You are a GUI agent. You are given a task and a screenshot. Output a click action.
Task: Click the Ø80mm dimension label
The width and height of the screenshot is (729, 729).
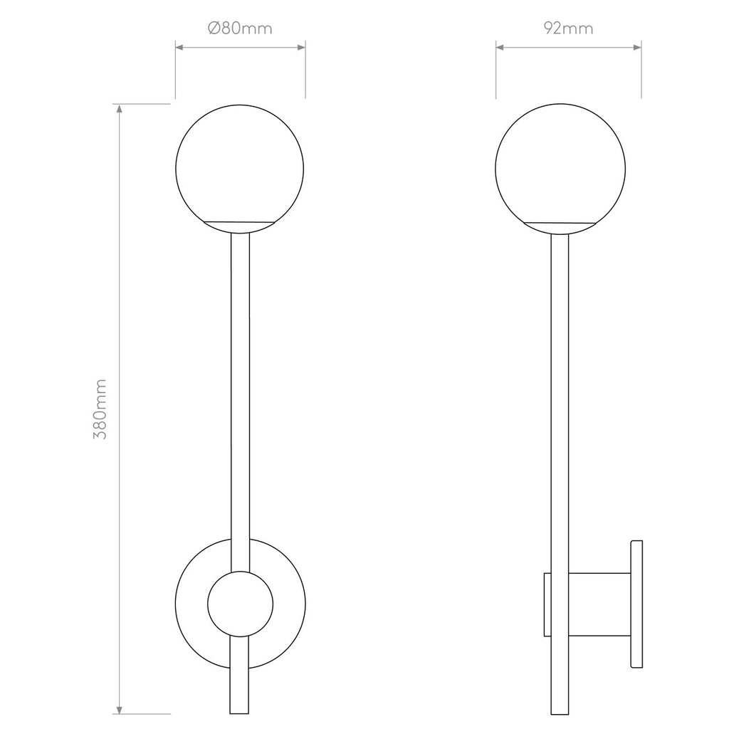pos(240,28)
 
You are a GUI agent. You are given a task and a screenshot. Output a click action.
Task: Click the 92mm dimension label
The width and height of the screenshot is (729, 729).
pos(568,28)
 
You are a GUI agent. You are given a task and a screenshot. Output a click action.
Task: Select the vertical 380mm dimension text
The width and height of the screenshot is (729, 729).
pos(100,409)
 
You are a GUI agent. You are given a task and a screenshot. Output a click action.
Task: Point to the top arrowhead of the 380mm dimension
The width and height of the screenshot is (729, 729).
pos(120,109)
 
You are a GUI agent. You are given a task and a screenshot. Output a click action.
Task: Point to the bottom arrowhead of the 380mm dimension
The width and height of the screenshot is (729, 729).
pos(120,709)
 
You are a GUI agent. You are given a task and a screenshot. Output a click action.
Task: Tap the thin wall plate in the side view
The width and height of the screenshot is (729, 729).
pos(636,604)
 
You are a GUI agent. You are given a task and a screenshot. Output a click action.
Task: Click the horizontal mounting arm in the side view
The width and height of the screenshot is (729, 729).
pos(599,604)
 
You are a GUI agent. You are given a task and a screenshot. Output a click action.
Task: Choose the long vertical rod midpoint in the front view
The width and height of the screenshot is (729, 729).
pos(240,399)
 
